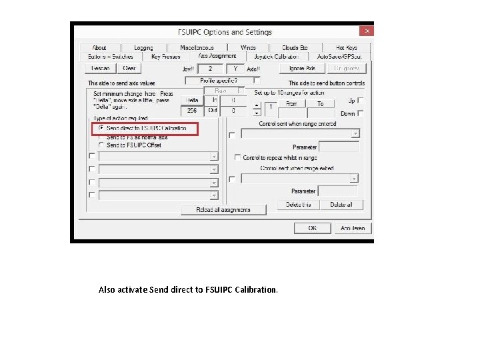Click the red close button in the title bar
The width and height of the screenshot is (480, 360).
pyautogui.click(x=366, y=31)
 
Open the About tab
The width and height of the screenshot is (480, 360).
pyautogui.click(x=99, y=48)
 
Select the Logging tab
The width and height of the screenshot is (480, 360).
pyautogui.click(x=143, y=48)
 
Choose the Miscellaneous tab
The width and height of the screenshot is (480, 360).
pyautogui.click(x=197, y=48)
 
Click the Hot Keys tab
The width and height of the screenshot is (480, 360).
pyautogui.click(x=347, y=48)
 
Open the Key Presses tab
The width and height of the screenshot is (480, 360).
pyautogui.click(x=165, y=57)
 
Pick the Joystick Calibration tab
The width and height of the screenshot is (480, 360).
pyautogui.click(x=277, y=57)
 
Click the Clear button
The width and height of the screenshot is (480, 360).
pyautogui.click(x=129, y=68)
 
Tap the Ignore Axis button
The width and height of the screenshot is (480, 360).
pyautogui.click(x=297, y=68)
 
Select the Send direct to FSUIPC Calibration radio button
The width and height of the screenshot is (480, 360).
pyautogui.click(x=101, y=127)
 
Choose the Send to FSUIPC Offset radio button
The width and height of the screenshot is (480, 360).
pyautogui.click(x=101, y=145)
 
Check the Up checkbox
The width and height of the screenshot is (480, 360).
pyautogui.click(x=360, y=101)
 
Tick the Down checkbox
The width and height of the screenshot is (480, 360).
pyautogui.click(x=360, y=113)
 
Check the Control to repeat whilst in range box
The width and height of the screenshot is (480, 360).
pyautogui.click(x=237, y=158)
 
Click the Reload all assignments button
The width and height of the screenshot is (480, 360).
pyautogui.click(x=223, y=209)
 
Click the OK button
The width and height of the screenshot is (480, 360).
pyautogui.click(x=313, y=228)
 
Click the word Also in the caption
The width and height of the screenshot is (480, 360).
pyautogui.click(x=107, y=290)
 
